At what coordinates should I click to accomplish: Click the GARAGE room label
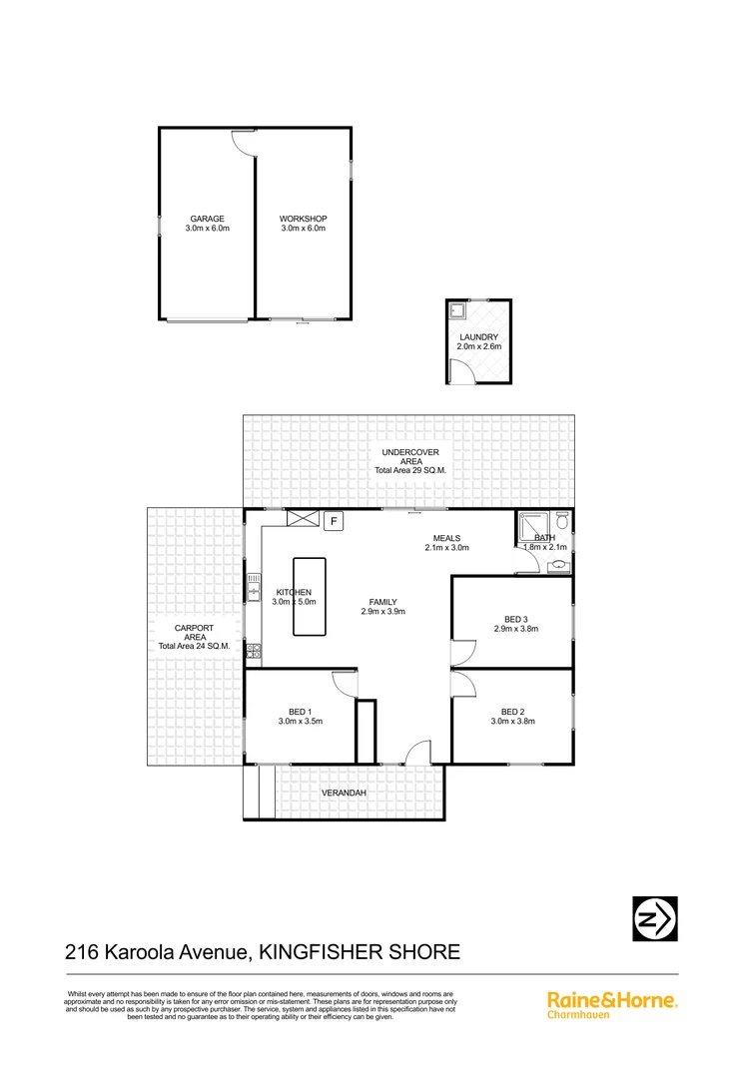click(x=208, y=219)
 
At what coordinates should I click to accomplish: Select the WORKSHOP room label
click(x=303, y=219)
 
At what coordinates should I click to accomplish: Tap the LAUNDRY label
click(x=479, y=337)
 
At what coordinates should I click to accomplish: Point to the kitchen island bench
click(x=309, y=596)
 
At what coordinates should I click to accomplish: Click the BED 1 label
click(x=300, y=711)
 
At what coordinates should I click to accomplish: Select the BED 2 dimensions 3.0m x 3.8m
click(x=512, y=721)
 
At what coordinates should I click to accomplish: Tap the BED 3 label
click(x=515, y=619)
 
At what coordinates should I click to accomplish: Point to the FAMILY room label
click(x=382, y=602)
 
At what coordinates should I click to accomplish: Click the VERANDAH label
click(x=344, y=794)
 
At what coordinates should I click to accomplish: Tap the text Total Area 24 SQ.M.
click(x=194, y=646)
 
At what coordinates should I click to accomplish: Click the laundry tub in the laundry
click(x=456, y=310)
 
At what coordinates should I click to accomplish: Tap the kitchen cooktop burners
click(x=254, y=652)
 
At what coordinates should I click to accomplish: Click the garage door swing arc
click(x=243, y=143)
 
